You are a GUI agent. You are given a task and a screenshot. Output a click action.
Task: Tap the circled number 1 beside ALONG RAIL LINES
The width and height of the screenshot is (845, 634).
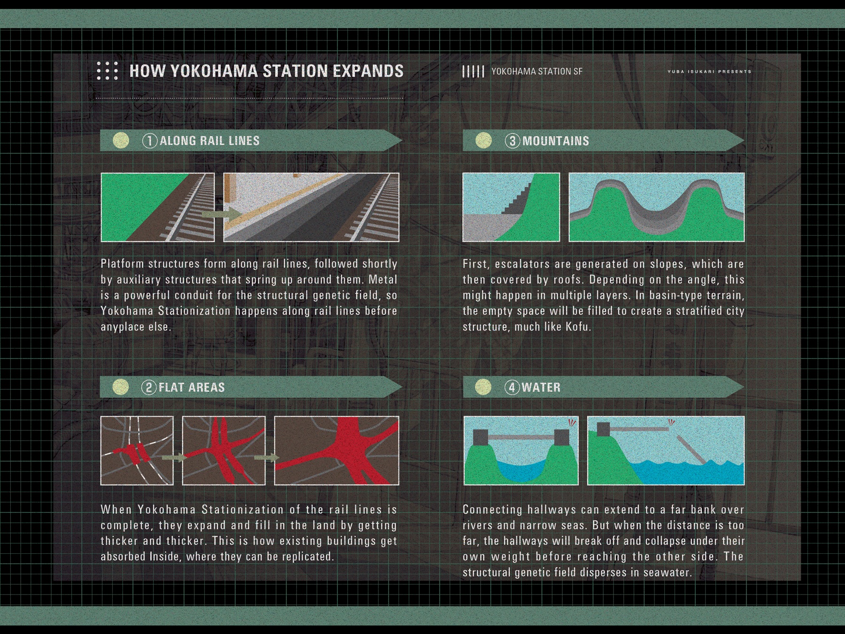pos(150,141)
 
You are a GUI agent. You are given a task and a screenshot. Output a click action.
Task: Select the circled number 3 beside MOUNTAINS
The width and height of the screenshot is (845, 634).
pos(513,141)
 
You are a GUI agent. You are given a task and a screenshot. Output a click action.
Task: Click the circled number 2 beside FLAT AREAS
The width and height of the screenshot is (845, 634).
pos(149,387)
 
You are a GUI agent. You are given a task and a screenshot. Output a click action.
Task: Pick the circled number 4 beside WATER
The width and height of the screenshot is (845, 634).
pos(512,387)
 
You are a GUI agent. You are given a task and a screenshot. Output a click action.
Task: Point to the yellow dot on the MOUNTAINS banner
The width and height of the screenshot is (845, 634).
pos(484,140)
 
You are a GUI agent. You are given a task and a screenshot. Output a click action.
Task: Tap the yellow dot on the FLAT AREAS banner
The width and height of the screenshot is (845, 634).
pos(121,387)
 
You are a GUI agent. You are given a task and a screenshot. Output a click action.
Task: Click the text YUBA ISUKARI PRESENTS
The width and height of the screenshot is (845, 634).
pos(709,71)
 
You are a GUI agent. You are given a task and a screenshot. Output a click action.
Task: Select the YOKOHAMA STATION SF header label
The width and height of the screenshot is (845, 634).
pos(537,71)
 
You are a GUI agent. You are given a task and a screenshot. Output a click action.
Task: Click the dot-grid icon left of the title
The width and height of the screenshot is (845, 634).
pos(107,70)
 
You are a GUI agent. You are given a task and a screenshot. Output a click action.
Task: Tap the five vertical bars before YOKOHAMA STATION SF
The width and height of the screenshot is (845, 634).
pos(473,71)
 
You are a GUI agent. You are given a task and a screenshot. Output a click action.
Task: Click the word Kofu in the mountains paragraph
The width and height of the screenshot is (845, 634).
pos(576,326)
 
